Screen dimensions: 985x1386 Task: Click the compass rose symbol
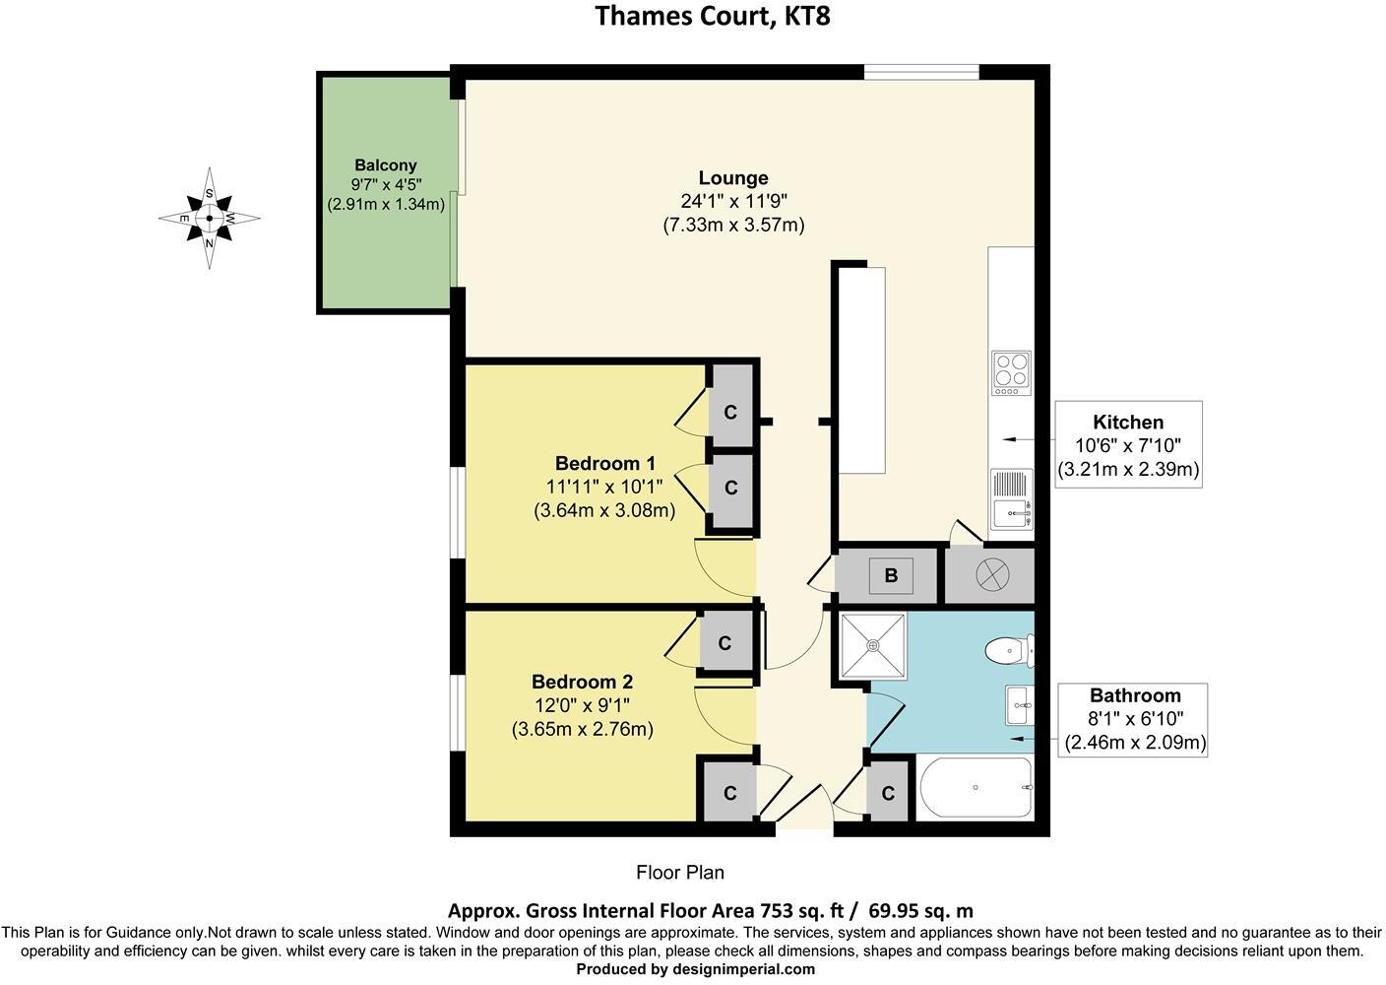point(209,218)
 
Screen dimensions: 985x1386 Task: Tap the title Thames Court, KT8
point(713,17)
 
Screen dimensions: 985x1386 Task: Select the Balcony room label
point(386,165)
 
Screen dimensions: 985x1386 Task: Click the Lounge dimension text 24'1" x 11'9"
point(733,201)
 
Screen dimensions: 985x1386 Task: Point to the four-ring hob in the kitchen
point(1011,373)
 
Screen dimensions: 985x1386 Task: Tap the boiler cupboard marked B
point(891,575)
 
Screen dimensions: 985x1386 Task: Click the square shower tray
point(872,646)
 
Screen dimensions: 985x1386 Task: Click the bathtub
point(975,788)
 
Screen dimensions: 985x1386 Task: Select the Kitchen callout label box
point(1128,445)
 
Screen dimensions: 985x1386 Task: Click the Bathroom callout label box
point(1135,719)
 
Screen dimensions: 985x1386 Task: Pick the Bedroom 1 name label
point(605,463)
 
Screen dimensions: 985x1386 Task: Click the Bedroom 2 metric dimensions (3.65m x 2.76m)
point(583,729)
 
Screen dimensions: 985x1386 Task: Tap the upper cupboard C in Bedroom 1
point(730,412)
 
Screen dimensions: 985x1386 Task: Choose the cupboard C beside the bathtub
point(888,792)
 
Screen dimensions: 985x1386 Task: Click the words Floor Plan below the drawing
point(680,872)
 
